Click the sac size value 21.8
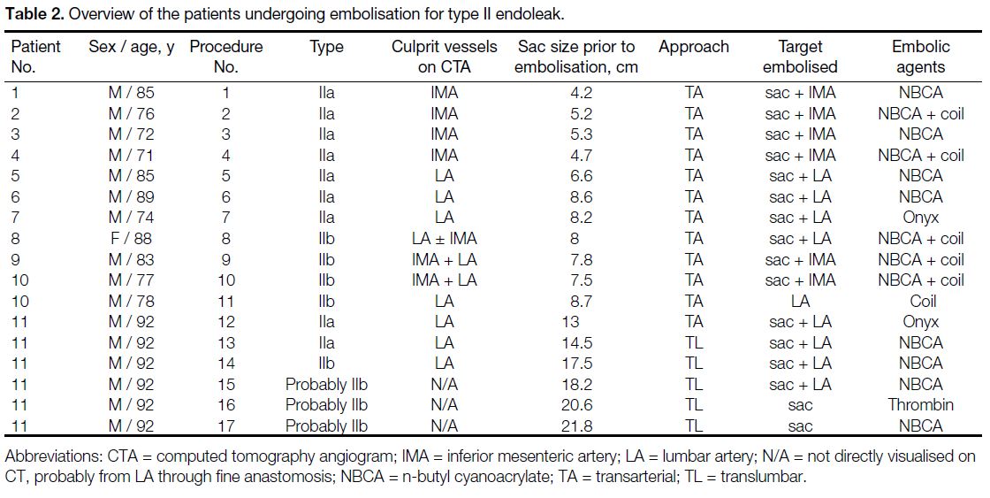pyautogui.click(x=576, y=426)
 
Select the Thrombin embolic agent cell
pyautogui.click(x=920, y=405)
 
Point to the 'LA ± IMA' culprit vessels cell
pyautogui.click(x=444, y=239)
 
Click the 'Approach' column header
pyautogui.click(x=693, y=48)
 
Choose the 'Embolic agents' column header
pyautogui.click(x=920, y=57)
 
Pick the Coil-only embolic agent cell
pyautogui.click(x=923, y=301)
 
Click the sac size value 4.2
pyautogui.click(x=580, y=93)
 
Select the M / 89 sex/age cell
pyautogui.click(x=132, y=197)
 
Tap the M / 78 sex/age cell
pyautogui.click(x=132, y=301)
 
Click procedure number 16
pyautogui.click(x=225, y=405)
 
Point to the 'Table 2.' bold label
pyautogui.click(x=34, y=14)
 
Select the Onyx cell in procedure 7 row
pyautogui.click(x=920, y=218)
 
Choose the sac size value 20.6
pyautogui.click(x=576, y=405)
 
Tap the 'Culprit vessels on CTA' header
pyautogui.click(x=444, y=57)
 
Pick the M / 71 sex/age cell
pyautogui.click(x=131, y=156)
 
